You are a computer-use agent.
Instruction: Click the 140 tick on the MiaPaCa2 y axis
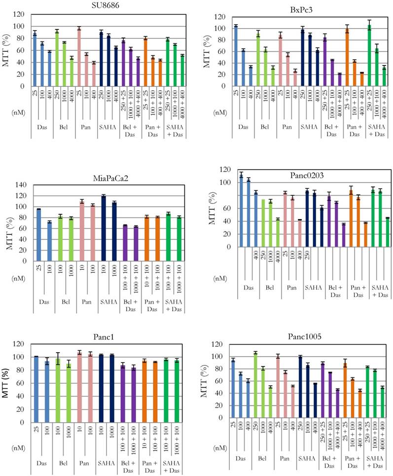22,184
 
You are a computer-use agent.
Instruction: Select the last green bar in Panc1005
382,402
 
